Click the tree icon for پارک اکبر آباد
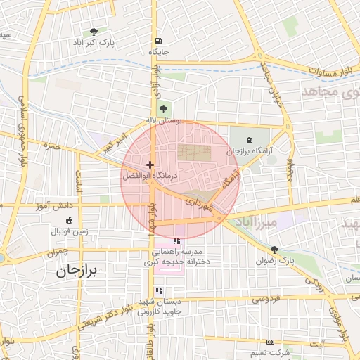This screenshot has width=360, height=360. coord(94,32)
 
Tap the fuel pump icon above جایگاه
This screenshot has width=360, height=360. coord(155,41)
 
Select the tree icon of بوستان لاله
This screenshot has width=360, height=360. coord(164,109)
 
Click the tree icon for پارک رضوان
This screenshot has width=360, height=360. coord(274,250)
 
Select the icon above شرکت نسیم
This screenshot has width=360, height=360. coord(270,341)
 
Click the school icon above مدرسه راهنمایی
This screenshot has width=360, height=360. coord(175,241)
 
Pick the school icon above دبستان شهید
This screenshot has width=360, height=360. coord(159,290)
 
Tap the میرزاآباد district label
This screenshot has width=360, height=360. coord(262,224)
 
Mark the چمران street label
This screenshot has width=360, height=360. coord(60,250)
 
